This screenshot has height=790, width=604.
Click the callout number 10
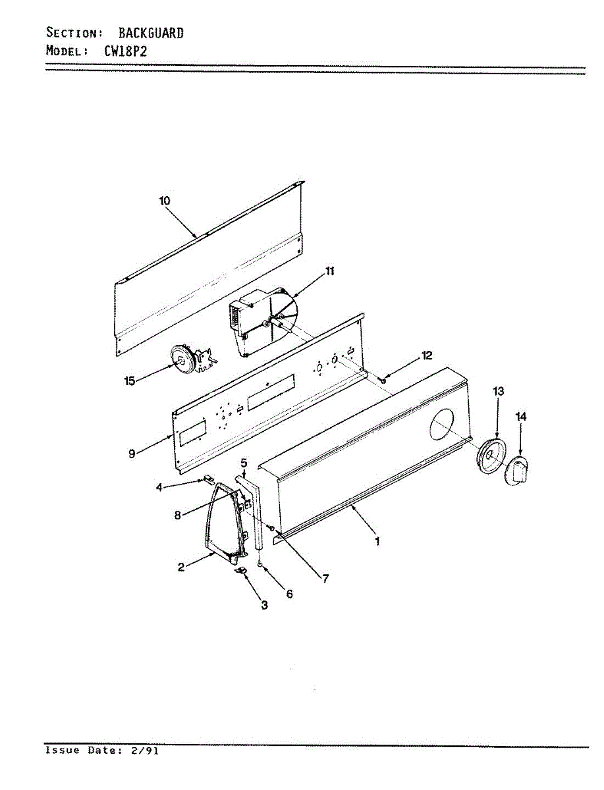click(165, 201)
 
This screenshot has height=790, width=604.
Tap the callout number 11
click(329, 270)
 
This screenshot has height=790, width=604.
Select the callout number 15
click(129, 380)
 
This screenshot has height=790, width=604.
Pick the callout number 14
click(521, 416)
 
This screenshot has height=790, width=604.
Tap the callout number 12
click(427, 355)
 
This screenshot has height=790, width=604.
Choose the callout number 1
click(377, 542)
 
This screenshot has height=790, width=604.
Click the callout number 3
click(264, 606)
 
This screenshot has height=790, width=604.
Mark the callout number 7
click(325, 579)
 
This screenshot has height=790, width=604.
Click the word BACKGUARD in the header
click(151, 32)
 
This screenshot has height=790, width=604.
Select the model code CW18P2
click(134, 51)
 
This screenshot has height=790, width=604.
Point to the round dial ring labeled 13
click(490, 457)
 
